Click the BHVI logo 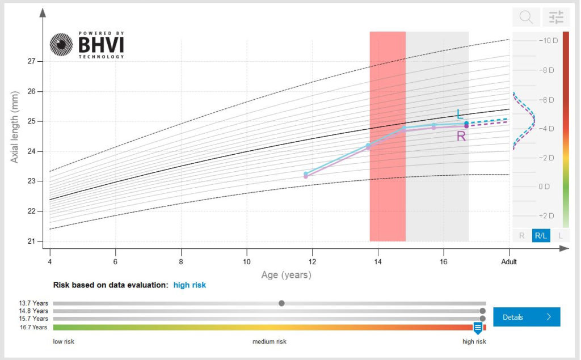(86, 46)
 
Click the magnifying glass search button (526, 18)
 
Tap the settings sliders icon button (556, 18)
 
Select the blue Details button (527, 317)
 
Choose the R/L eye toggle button (541, 235)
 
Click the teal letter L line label (460, 115)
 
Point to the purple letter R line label (461, 136)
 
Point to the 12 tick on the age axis (311, 261)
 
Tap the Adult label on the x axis (509, 261)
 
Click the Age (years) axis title (286, 275)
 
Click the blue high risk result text (190, 285)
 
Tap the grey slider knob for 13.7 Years (281, 303)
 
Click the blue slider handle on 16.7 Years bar (478, 328)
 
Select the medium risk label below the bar (270, 341)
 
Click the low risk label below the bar (64, 341)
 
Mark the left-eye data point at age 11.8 (306, 173)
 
